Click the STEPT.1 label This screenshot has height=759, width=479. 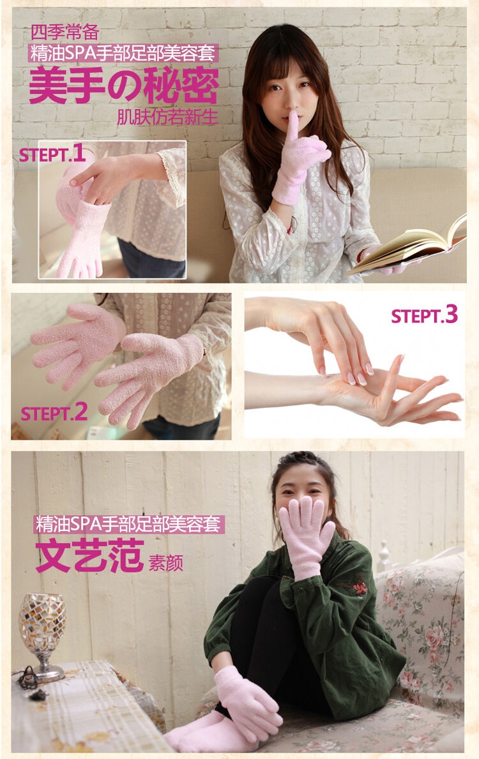pyautogui.click(x=52, y=154)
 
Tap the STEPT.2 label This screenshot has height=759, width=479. pyautogui.click(x=54, y=413)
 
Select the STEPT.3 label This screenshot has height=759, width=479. pyautogui.click(x=424, y=315)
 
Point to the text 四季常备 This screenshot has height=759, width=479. pyautogui.click(x=65, y=33)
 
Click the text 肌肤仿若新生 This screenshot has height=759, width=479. pyautogui.click(x=167, y=117)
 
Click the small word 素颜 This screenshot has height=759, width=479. pyautogui.click(x=165, y=562)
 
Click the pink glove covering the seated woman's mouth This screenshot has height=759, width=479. pyautogui.click(x=305, y=536)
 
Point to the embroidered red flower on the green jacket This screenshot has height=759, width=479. pyautogui.click(x=360, y=588)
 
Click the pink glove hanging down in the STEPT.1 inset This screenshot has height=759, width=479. pyautogui.click(x=82, y=237)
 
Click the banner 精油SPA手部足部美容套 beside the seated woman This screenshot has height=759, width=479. pyautogui.click(x=130, y=524)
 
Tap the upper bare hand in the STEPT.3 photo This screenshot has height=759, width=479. pyautogui.click(x=315, y=334)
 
